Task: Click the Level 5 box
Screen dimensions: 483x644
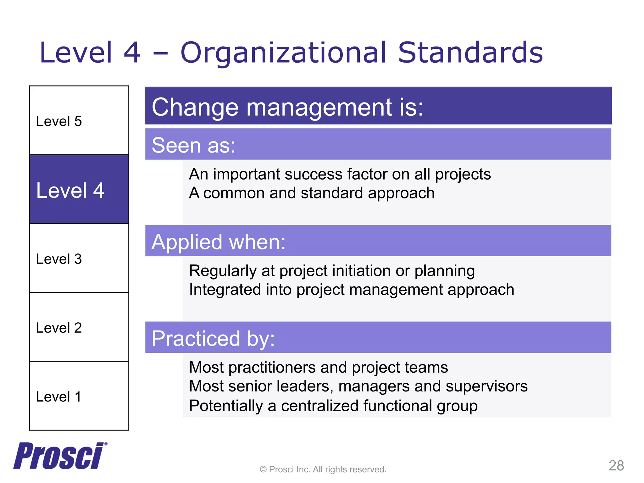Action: coord(79,120)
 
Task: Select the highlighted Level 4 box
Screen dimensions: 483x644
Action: coord(79,189)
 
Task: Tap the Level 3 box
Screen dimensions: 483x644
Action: coord(79,258)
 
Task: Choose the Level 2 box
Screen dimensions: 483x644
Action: coord(79,327)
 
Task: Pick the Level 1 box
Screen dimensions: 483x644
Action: coord(79,396)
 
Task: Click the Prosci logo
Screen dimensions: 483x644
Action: coord(59,456)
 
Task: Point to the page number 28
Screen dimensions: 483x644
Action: coord(616,465)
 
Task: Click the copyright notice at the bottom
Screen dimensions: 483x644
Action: coord(323,469)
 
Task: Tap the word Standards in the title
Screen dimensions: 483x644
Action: coord(470,53)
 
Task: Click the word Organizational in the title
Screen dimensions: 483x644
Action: coord(283,53)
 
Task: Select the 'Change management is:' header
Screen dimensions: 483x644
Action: coord(287,107)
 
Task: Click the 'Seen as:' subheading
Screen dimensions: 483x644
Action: coord(193,145)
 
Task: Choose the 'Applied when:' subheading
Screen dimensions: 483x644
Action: coord(219,242)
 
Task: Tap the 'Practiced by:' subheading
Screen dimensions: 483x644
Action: coord(213,338)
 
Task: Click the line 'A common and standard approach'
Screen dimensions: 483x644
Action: coord(312,193)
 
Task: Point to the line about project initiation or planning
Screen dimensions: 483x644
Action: coord(332,271)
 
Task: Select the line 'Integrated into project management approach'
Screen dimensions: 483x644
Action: coord(351,290)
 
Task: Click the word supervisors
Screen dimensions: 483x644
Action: coord(486,386)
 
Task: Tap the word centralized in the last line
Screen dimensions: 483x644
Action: coord(319,406)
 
